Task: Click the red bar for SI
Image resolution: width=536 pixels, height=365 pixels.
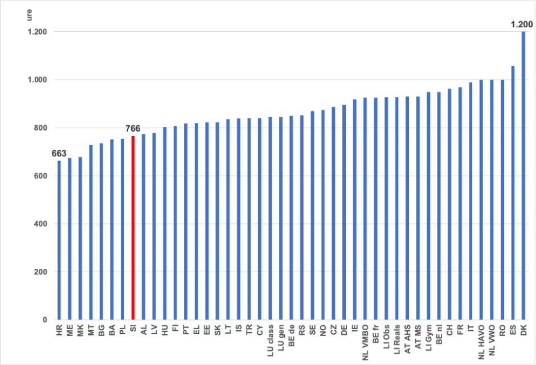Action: pyautogui.click(x=133, y=228)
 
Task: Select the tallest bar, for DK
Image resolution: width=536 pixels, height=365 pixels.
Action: pyautogui.click(x=523, y=175)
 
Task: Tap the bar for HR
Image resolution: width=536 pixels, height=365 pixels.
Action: pyautogui.click(x=59, y=240)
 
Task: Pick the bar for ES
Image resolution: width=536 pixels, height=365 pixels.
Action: pyautogui.click(x=513, y=193)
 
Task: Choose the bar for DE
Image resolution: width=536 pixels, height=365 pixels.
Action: pyautogui.click(x=344, y=212)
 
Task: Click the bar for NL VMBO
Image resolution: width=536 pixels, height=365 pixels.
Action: pyautogui.click(x=365, y=209)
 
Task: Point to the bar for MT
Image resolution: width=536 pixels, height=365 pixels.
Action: pyautogui.click(x=91, y=232)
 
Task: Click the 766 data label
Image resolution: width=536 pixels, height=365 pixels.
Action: pyautogui.click(x=133, y=129)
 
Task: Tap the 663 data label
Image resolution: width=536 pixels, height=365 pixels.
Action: pyautogui.click(x=59, y=153)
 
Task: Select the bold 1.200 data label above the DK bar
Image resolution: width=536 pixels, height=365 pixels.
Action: pyautogui.click(x=522, y=24)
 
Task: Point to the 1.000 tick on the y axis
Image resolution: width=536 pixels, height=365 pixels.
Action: pyautogui.click(x=37, y=80)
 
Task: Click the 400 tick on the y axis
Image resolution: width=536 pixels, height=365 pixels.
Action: pyautogui.click(x=40, y=224)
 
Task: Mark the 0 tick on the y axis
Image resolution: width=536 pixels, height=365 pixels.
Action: pyautogui.click(x=45, y=320)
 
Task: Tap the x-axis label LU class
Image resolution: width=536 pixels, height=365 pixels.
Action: pyautogui.click(x=271, y=341)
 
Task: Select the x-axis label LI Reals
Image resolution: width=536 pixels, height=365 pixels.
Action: pyautogui.click(x=397, y=339)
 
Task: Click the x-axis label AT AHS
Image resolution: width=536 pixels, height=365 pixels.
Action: pyautogui.click(x=407, y=339)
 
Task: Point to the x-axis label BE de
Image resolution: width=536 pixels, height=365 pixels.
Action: pyautogui.click(x=291, y=335)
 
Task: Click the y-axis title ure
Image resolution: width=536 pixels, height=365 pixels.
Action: pyautogui.click(x=29, y=15)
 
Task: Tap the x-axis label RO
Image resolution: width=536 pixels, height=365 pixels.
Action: pyautogui.click(x=502, y=330)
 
